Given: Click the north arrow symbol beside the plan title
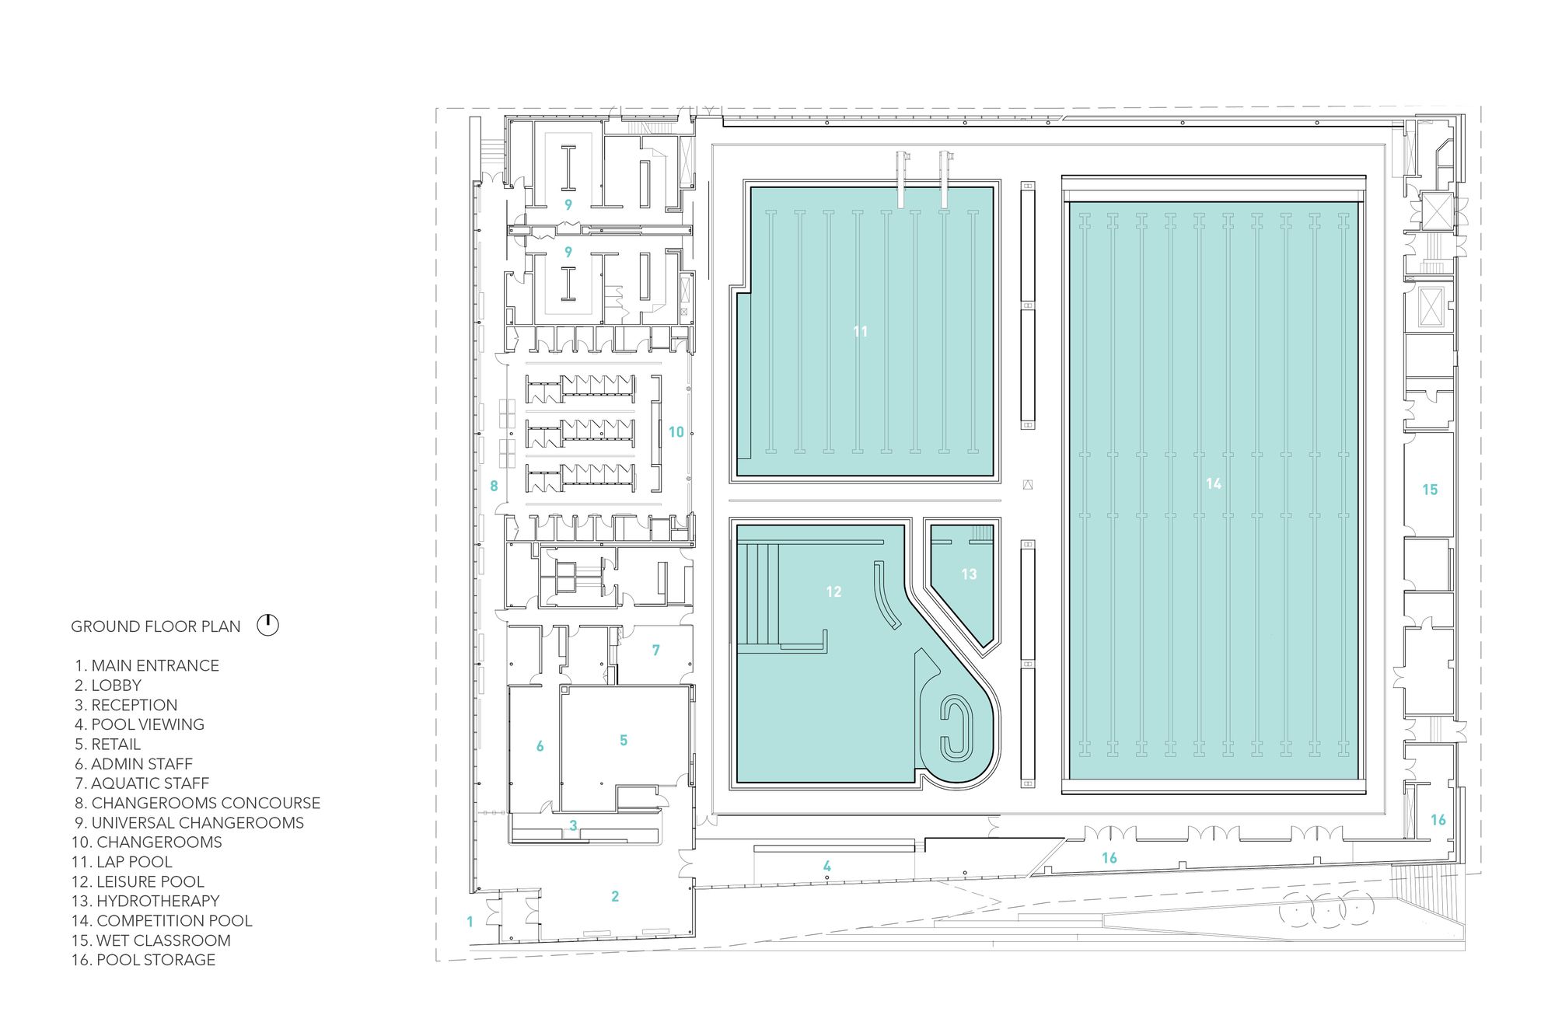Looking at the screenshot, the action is (x=267, y=625).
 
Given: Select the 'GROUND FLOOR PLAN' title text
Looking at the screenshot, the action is (x=155, y=626).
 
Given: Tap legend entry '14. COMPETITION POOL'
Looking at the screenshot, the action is (x=162, y=921).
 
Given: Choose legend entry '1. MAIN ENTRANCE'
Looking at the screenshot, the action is (x=147, y=665).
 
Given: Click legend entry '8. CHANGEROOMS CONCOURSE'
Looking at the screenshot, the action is (x=197, y=803).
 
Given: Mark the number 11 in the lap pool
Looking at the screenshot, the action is (x=860, y=331).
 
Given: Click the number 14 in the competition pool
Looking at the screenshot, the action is (x=1213, y=483).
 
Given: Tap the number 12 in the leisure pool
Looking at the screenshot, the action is (x=833, y=591).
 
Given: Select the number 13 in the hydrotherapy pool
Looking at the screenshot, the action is (x=969, y=574).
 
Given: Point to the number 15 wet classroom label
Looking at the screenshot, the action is (x=1430, y=490).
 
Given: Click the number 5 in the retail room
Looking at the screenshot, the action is (x=624, y=741).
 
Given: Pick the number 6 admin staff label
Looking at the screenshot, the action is (x=540, y=746).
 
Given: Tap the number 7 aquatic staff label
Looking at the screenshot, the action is (x=656, y=650).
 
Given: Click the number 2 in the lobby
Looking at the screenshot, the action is (x=615, y=896).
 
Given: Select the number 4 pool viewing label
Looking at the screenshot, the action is (x=827, y=866).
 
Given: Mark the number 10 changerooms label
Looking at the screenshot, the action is (x=676, y=432).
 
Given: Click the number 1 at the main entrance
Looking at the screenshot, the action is (x=470, y=922).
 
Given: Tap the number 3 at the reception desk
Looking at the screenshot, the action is (x=573, y=825).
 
